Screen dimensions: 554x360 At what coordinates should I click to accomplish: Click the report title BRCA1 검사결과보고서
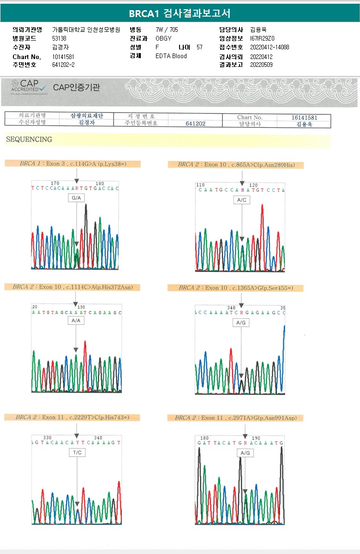(180, 13)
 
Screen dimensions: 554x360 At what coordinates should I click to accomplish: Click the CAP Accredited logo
(30, 87)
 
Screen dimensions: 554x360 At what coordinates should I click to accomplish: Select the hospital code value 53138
(60, 38)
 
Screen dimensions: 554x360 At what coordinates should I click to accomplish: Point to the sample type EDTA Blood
(171, 56)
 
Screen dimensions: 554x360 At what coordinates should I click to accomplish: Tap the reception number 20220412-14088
(270, 47)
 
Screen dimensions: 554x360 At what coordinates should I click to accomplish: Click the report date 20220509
(261, 65)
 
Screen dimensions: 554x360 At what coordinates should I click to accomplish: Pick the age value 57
(199, 47)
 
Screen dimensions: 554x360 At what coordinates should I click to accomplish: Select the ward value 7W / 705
(167, 30)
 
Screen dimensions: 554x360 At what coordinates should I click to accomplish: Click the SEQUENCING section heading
(29, 139)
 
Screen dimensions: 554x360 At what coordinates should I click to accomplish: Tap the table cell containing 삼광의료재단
(87, 116)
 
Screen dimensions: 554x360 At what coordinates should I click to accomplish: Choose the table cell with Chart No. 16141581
(304, 118)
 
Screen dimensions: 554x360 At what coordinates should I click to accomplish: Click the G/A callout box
(77, 197)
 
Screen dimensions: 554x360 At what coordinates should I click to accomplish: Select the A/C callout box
(242, 200)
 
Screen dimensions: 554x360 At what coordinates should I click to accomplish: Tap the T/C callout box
(77, 453)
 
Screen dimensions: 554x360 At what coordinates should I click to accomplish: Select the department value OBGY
(164, 38)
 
